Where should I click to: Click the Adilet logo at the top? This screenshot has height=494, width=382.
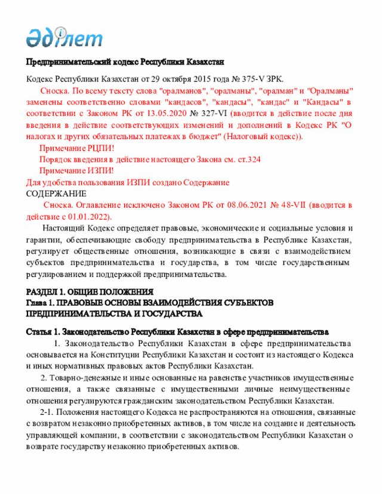[64, 38]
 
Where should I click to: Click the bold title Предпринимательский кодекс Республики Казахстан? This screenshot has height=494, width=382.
[124, 62]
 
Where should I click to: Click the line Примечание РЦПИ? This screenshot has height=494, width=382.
[76, 148]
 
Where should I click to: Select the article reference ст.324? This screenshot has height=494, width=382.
[248, 159]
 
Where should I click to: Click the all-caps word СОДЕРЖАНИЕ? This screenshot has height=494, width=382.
[56, 193]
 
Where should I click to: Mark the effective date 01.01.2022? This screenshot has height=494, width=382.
[90, 216]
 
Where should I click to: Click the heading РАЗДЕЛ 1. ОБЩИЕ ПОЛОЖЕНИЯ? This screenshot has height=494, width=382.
[90, 292]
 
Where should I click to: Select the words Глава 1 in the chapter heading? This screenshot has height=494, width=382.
[39, 302]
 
